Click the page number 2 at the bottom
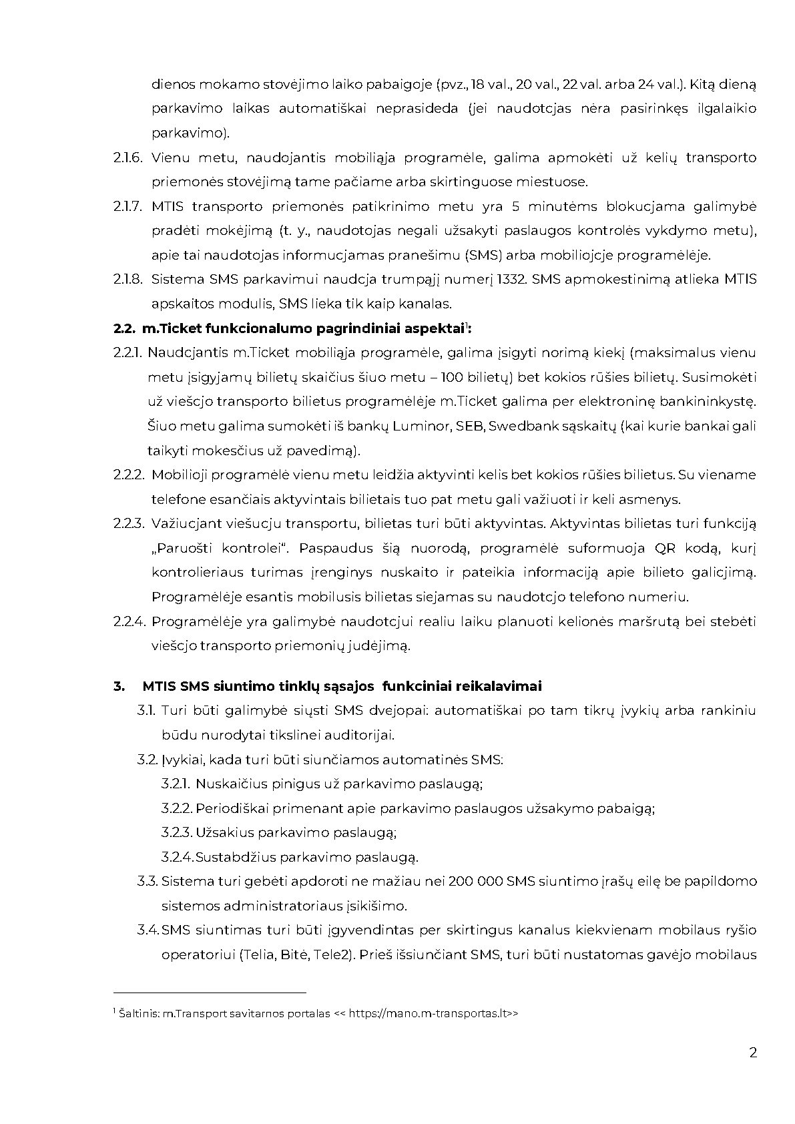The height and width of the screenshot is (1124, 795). [x=753, y=1053]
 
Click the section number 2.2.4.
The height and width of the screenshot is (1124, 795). [x=129, y=621]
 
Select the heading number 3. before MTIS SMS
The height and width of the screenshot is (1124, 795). [x=119, y=686]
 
